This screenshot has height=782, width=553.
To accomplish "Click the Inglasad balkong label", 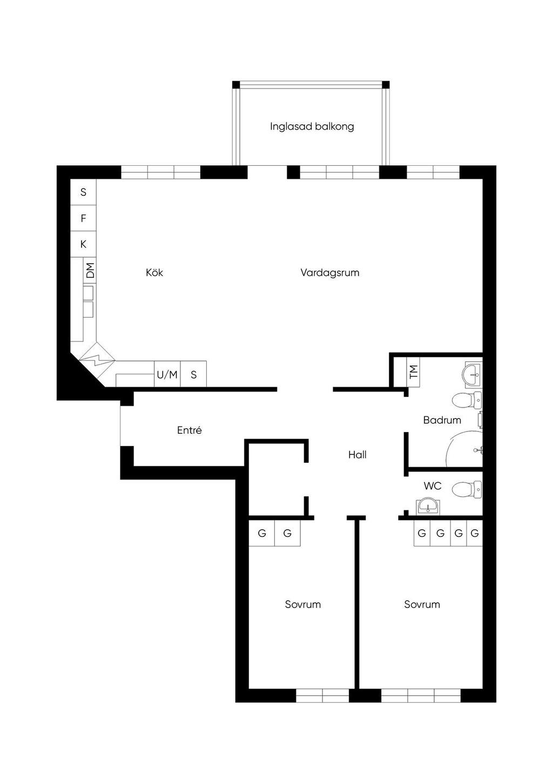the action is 312,126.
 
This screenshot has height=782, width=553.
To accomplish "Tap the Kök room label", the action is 154,272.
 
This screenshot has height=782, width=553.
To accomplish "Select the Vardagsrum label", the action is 330,272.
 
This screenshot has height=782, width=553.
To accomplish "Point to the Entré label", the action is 189,430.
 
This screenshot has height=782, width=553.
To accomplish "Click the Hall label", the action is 357,454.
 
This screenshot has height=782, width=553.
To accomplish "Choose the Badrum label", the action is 442,420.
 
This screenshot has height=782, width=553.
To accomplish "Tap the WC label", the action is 433,486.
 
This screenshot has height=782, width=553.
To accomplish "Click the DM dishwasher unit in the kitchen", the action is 90,270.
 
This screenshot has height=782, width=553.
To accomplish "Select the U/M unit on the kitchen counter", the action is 167,374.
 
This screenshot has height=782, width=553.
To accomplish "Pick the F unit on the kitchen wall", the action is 84,218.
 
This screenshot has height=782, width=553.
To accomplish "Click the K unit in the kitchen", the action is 84,244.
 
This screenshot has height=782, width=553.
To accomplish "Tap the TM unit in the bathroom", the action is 413,372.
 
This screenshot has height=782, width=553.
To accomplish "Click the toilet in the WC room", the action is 467,489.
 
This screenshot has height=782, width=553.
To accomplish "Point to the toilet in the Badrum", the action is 467,400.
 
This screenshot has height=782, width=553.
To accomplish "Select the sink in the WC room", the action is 428,506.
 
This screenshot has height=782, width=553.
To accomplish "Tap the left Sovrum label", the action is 302,604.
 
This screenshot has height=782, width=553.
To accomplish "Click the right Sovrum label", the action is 422,604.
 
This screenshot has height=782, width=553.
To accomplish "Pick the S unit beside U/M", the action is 193,374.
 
